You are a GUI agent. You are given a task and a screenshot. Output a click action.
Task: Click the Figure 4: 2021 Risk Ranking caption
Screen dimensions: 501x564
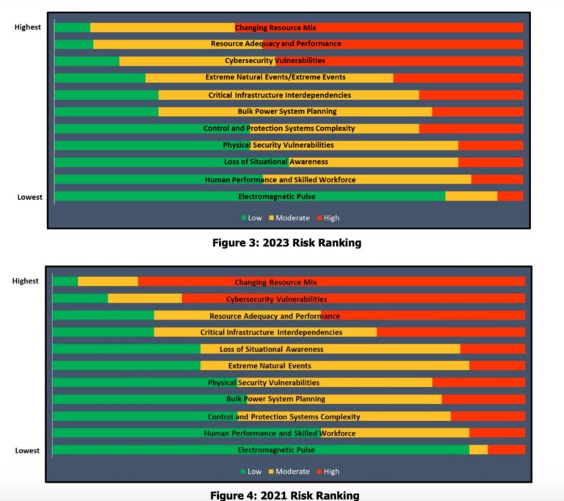tap(285, 495)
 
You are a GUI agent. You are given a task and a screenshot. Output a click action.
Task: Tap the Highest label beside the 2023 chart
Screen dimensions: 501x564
tap(28, 28)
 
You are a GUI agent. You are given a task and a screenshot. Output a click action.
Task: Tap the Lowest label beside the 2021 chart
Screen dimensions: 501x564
tap(27, 450)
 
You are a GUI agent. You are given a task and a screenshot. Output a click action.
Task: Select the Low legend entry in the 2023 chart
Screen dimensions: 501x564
tap(251, 217)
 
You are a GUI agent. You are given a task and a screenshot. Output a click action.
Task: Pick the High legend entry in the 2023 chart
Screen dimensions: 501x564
tap(328, 217)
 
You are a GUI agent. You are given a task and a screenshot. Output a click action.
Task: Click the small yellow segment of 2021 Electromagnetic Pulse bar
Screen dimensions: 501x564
tap(478, 450)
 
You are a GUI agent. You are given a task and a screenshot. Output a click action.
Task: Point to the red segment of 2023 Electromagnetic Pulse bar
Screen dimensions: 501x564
tap(510, 196)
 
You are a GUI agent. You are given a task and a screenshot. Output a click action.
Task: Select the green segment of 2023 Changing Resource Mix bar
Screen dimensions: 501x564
tap(72, 28)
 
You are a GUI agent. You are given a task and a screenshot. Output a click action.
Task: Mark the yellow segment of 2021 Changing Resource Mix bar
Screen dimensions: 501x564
tap(107, 282)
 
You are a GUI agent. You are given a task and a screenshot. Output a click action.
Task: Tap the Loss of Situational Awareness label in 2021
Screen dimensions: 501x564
tap(271, 349)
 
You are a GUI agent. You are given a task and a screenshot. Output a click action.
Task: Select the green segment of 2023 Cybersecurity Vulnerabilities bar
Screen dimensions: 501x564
tap(87, 61)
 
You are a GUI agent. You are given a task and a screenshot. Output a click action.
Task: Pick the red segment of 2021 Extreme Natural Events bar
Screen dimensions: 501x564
tap(497, 366)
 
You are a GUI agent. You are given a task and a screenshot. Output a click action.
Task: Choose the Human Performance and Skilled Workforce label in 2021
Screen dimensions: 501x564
tap(280, 433)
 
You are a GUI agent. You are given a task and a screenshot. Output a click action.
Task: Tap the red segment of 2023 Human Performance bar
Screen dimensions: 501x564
tap(497, 179)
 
